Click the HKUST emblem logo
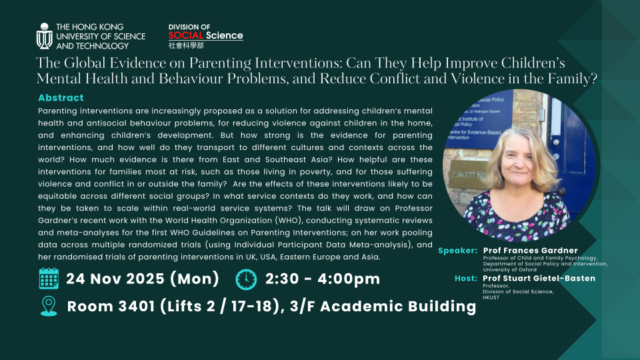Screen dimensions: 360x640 [x=45, y=36]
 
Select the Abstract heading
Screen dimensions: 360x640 [x=61, y=98]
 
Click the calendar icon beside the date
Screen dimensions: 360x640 [x=49, y=279]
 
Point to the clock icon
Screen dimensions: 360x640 [x=245, y=279]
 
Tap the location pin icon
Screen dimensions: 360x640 [x=49, y=306]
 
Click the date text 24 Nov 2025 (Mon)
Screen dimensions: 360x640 [x=143, y=279]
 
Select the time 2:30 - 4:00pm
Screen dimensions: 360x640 [x=323, y=279]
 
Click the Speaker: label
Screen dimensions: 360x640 [x=457, y=251]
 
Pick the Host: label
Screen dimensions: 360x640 [x=466, y=278]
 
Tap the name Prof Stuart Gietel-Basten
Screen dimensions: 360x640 [x=539, y=278]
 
